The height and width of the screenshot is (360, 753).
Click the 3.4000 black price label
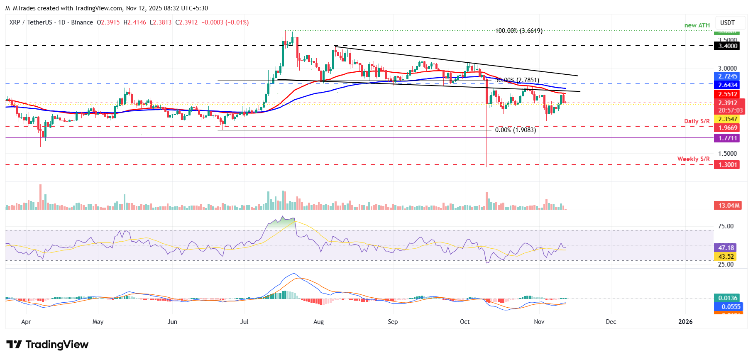(x=728, y=46)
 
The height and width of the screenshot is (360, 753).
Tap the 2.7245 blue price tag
(x=728, y=76)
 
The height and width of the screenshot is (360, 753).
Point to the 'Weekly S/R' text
(x=693, y=159)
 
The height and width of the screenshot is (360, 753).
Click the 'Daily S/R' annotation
(x=697, y=121)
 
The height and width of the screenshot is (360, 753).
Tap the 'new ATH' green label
(x=697, y=25)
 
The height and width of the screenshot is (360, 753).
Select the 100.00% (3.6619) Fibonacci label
(x=518, y=31)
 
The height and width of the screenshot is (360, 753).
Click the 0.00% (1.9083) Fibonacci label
(x=515, y=130)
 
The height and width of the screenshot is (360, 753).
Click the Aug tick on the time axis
(x=318, y=322)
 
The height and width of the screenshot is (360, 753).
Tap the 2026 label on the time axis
(x=685, y=322)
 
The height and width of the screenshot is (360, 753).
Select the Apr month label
(x=26, y=322)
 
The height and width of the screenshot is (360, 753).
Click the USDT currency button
(x=727, y=23)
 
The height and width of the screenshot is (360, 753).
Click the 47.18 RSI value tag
(x=726, y=247)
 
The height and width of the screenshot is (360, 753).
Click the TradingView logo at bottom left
(x=47, y=345)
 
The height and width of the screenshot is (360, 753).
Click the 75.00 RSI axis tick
(x=726, y=226)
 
